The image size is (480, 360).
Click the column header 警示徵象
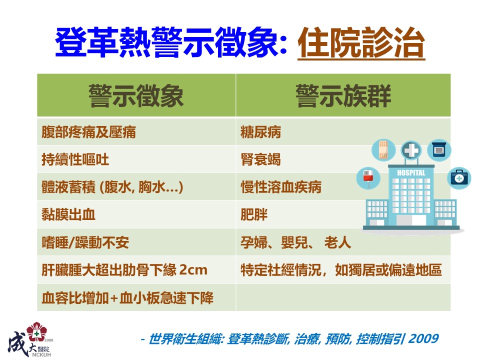(x=136, y=96)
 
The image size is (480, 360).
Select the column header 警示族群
(x=343, y=96)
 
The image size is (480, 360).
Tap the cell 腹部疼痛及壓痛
(x=88, y=132)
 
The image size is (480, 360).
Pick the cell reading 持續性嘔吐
(x=75, y=159)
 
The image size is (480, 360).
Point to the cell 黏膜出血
(x=68, y=214)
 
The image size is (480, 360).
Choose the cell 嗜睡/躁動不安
(x=85, y=242)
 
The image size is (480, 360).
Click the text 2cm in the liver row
(x=193, y=270)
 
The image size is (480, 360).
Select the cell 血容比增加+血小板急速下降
(x=127, y=298)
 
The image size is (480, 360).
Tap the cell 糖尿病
(x=260, y=132)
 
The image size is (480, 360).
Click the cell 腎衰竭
(x=260, y=159)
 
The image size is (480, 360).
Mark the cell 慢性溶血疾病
(x=280, y=187)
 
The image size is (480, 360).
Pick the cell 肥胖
(x=254, y=214)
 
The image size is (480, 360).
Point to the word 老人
(x=337, y=242)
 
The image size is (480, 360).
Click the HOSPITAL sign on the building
(x=411, y=173)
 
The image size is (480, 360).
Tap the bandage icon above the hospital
(x=383, y=149)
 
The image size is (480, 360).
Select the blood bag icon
(x=368, y=177)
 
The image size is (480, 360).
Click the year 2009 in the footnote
(x=423, y=339)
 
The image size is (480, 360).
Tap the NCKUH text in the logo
(x=41, y=355)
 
